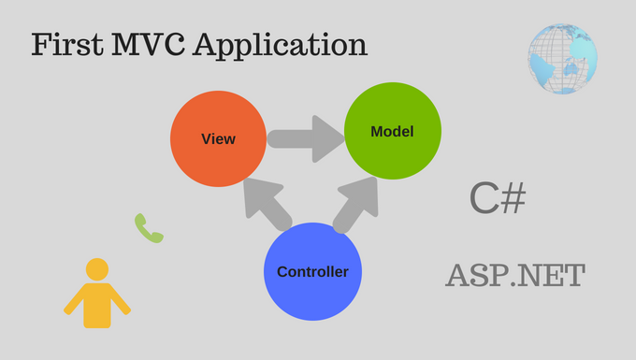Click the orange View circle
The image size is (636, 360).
(217, 139)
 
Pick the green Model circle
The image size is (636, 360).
(392, 132)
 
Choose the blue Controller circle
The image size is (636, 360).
(312, 271)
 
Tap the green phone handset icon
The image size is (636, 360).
(149, 228)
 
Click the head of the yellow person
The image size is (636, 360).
(97, 269)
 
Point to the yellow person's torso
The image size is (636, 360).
(97, 305)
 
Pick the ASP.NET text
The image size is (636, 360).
(515, 276)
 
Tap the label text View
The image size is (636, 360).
(218, 139)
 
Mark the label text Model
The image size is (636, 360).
(392, 132)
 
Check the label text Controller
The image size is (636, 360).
(312, 272)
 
